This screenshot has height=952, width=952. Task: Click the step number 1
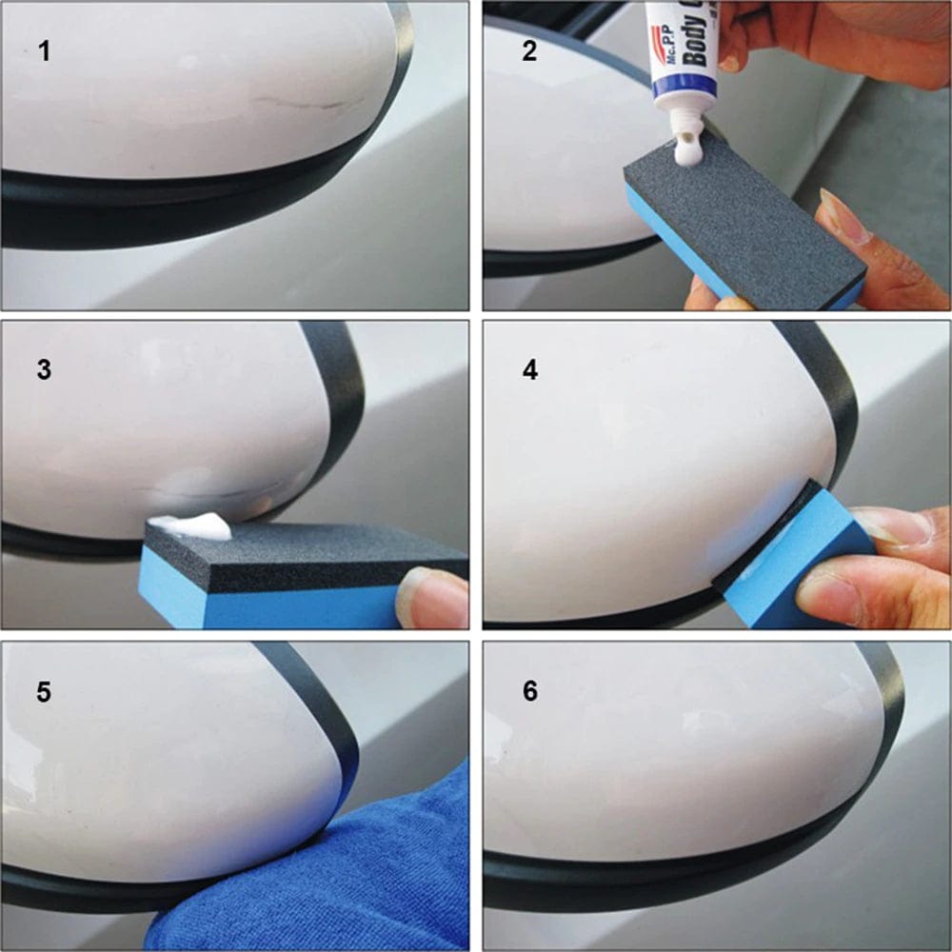44,50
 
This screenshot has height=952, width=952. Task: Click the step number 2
530,50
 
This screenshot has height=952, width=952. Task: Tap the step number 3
44,370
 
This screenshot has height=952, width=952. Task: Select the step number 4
530,370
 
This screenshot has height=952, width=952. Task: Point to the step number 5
44,691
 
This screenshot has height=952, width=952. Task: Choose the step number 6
530,691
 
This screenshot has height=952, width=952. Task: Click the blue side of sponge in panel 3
267,605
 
